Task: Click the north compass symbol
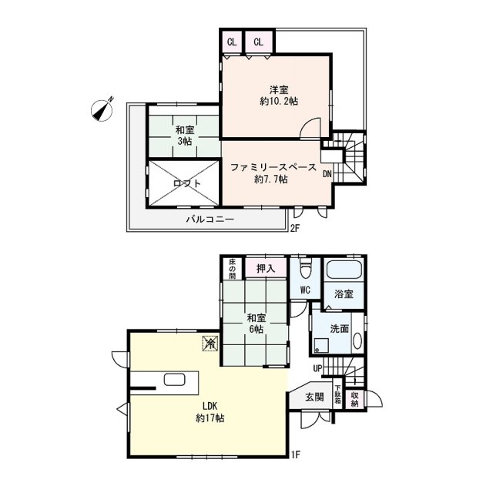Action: pyautogui.click(x=102, y=109)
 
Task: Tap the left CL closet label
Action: pyautogui.click(x=232, y=42)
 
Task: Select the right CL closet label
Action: pyautogui.click(x=259, y=42)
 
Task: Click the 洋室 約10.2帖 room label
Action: pyautogui.click(x=279, y=96)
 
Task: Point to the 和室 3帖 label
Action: pyautogui.click(x=185, y=136)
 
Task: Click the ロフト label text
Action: pyautogui.click(x=186, y=183)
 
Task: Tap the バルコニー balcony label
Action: pyautogui.click(x=210, y=219)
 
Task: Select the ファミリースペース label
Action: pyautogui.click(x=273, y=167)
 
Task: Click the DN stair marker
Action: pyautogui.click(x=327, y=174)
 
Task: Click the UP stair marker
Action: pyautogui.click(x=317, y=368)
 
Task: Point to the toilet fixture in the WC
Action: pyautogui.click(x=305, y=270)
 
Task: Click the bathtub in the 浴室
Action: pyautogui.click(x=344, y=270)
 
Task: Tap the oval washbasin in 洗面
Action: pyautogui.click(x=357, y=340)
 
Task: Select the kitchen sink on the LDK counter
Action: pyautogui.click(x=174, y=380)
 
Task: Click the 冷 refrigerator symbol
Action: pyautogui.click(x=210, y=343)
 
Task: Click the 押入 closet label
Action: pyautogui.click(x=266, y=269)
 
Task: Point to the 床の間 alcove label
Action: pyautogui.click(x=232, y=269)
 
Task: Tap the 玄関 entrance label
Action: pyautogui.click(x=314, y=397)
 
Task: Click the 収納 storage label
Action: pyautogui.click(x=354, y=399)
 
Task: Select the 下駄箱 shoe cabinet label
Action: pyautogui.click(x=337, y=394)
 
